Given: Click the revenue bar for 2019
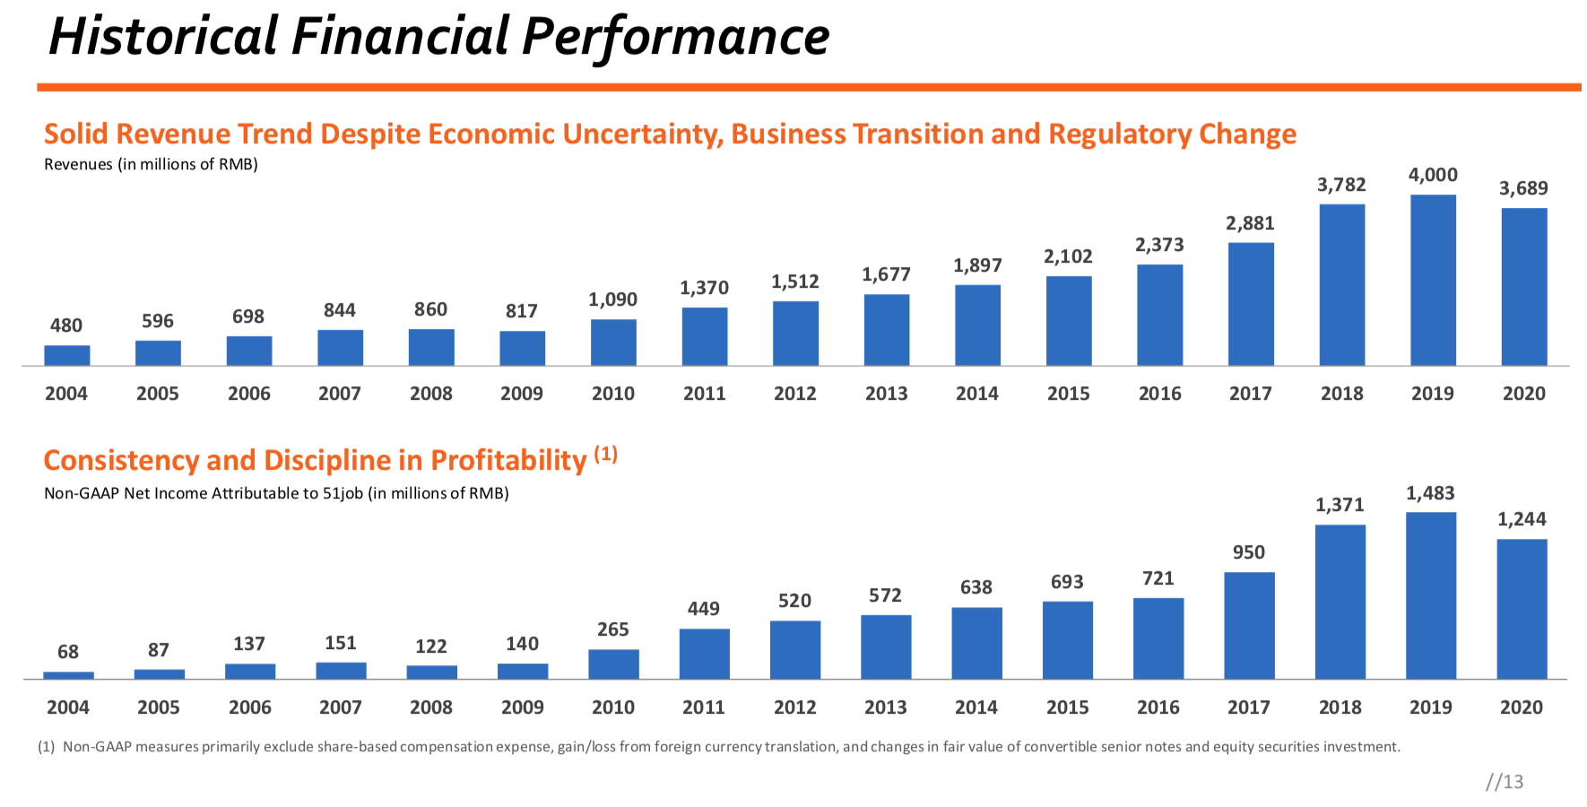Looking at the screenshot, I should click(x=1433, y=280).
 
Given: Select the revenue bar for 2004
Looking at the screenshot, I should click(x=67, y=355).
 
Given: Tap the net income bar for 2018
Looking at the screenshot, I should click(x=1340, y=602).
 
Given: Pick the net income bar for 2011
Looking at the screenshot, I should click(x=704, y=654).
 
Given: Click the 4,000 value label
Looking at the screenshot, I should click(x=1433, y=175).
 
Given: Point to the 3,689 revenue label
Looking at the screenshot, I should click(x=1523, y=188).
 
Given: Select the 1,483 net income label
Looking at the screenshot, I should click(x=1430, y=493).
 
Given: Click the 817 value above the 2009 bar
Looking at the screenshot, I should click(x=521, y=311).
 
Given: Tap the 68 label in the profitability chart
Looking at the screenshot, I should click(x=68, y=652).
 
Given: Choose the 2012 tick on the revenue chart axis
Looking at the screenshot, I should click(x=795, y=394).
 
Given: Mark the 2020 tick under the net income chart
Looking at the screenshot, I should click(x=1522, y=707).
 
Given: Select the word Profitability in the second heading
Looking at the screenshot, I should click(x=508, y=461).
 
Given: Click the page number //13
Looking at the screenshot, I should click(x=1504, y=782).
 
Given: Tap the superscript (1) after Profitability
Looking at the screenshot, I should click(x=606, y=454).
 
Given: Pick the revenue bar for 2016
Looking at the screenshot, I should click(x=1159, y=315).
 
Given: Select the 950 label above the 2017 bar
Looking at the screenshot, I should click(x=1248, y=552).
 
